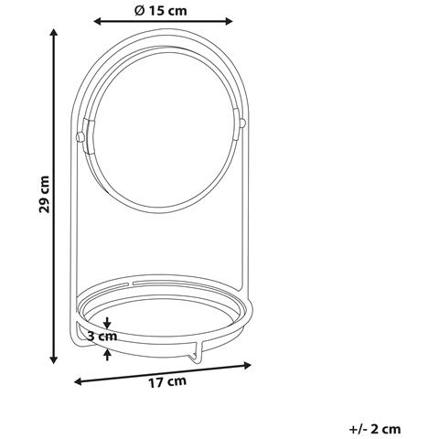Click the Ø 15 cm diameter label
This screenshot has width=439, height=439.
160,11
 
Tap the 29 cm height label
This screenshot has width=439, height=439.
45,194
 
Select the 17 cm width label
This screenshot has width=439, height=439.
167,382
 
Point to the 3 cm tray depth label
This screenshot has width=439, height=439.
102,337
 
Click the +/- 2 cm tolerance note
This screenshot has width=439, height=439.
375,429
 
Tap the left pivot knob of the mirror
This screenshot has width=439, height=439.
80,136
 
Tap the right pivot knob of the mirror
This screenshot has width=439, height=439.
242,123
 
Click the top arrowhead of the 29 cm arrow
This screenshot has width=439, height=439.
54,33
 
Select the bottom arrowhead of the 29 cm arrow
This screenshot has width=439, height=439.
54,359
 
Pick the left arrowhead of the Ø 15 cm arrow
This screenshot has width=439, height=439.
98,21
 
